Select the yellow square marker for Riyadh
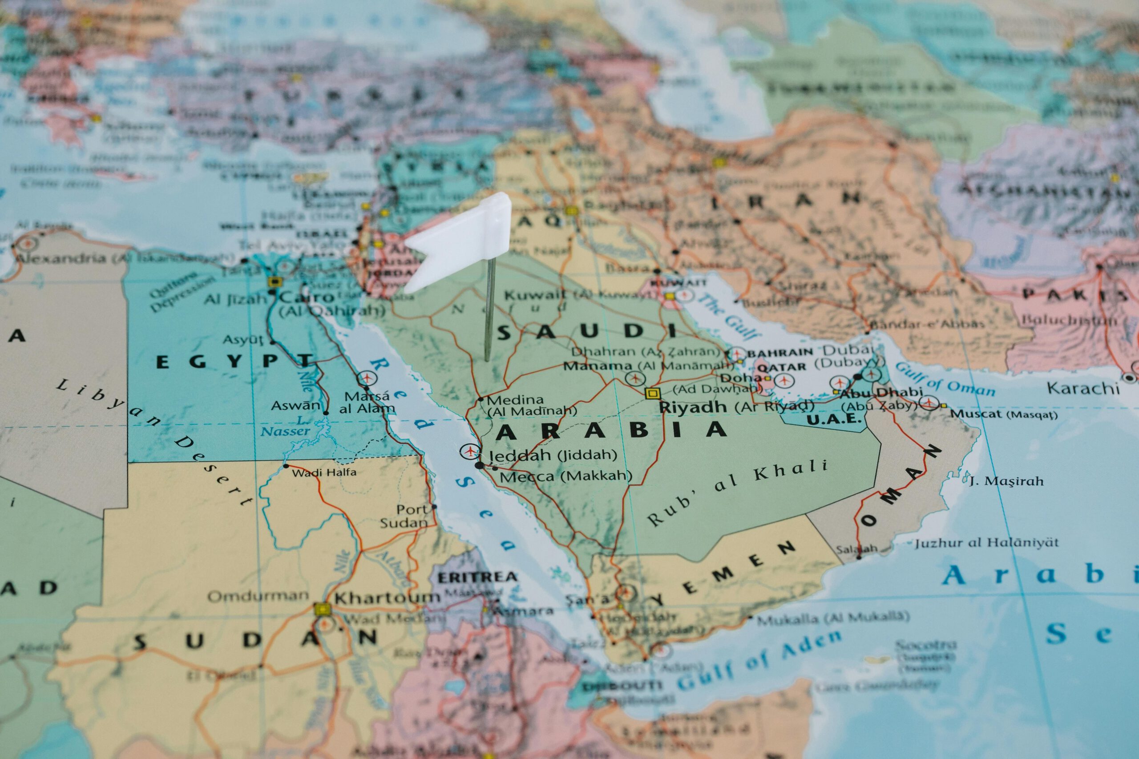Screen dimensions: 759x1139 coord(652,393)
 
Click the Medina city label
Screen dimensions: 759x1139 coord(515,400)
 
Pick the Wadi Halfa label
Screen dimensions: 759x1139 coord(324,472)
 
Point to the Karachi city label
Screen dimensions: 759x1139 coord(1083,387)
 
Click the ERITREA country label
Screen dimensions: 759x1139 coord(477,577)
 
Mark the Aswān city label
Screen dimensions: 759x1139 coord(295,405)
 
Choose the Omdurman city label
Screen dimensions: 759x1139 coord(258,596)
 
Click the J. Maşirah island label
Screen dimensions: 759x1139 coord(1006,481)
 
